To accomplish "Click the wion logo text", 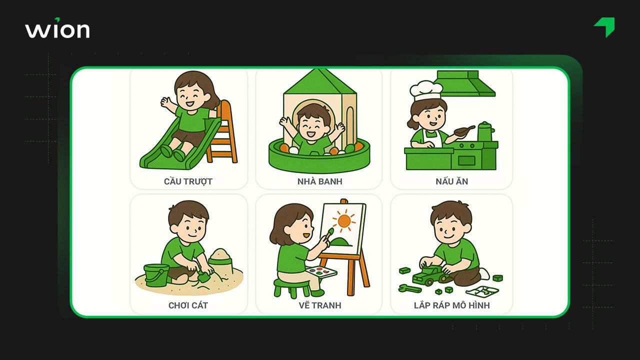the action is tap(57, 28).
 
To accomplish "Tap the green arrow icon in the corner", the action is tap(605, 27).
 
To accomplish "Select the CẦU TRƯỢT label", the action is tap(188, 181).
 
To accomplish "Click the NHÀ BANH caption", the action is tap(319, 181).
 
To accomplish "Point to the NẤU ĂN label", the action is tap(451, 181).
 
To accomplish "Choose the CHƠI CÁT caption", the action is tap(188, 305).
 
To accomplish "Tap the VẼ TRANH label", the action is tap(320, 305).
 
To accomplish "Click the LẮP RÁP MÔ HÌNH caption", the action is tap(451, 305).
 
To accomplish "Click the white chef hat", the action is tap(425, 90).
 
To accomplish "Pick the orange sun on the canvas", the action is tap(344, 221).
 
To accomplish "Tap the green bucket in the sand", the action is tap(156, 275).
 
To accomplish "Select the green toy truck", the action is tap(429, 275).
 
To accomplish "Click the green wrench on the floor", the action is tap(409, 288).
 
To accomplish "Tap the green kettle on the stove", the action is tap(485, 131).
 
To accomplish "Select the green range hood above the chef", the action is tap(465, 83).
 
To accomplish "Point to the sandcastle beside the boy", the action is tap(220, 261).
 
